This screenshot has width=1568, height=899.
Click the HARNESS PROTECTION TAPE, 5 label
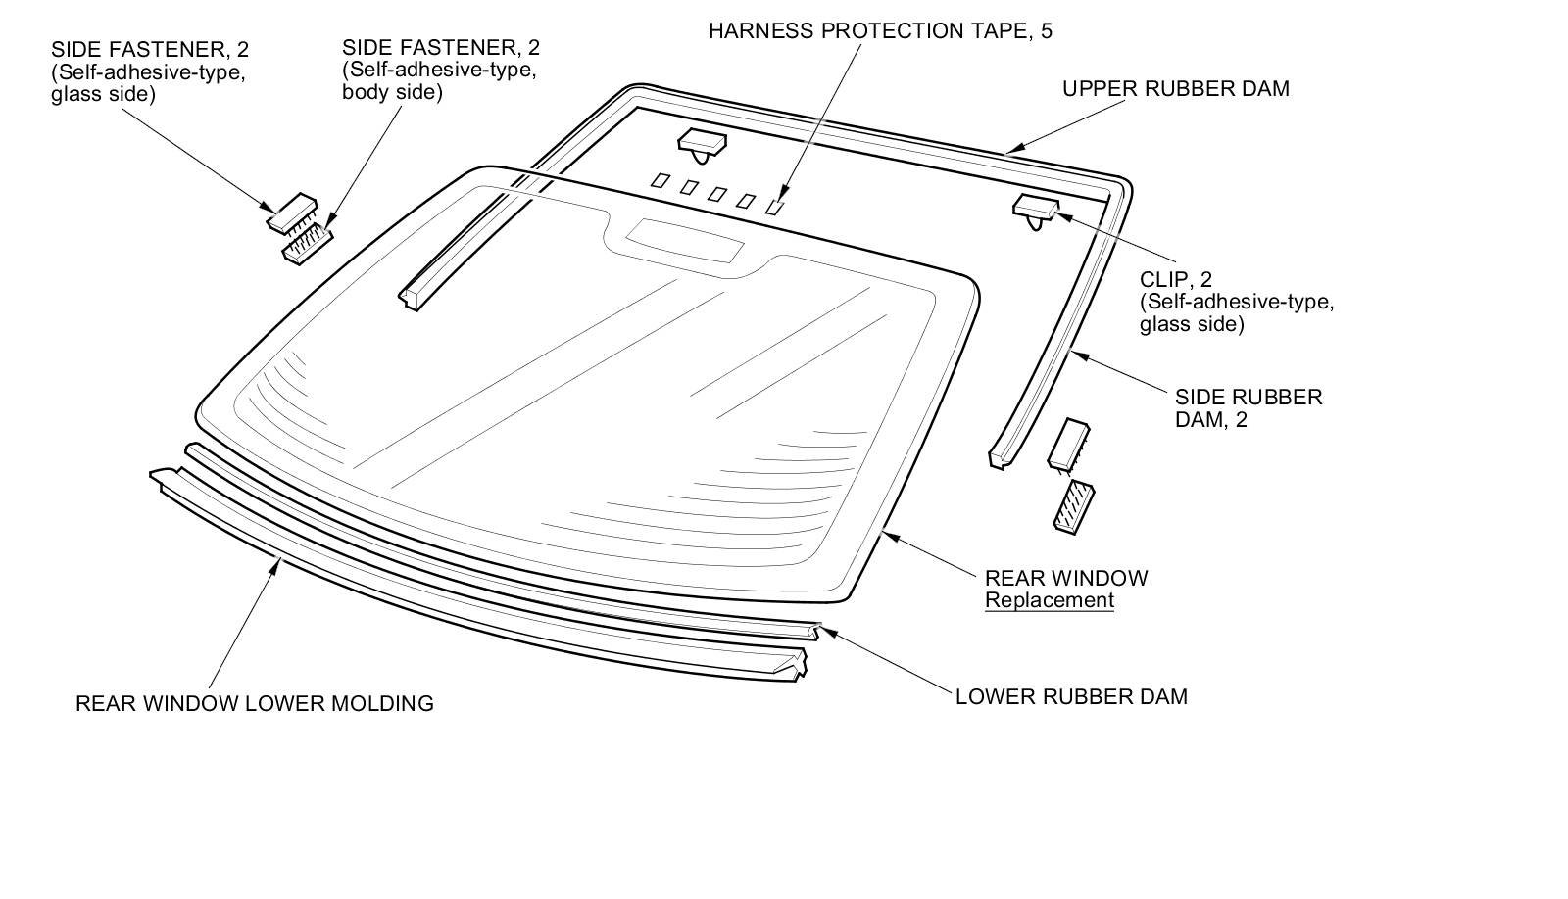pos(880,31)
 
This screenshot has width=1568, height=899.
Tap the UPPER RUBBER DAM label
pos(1175,89)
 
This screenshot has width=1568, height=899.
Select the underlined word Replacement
pos(1049,600)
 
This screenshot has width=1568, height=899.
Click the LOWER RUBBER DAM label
pos(1071,697)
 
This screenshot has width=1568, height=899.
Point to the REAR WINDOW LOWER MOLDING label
pos(255,703)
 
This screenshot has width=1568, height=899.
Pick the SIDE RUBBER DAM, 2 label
pos(1248,408)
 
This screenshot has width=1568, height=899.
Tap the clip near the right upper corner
pos(1035,208)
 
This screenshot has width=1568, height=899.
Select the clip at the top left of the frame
pos(702,143)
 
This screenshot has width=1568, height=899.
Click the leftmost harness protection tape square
pos(661,181)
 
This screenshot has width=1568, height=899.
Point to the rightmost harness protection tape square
pos(776,207)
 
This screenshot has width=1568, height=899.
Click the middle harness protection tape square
pos(717,194)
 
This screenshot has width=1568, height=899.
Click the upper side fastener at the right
pos(1069,443)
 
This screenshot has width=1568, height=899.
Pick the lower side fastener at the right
pos(1073,507)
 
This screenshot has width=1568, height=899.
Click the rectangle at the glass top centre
pos(684,240)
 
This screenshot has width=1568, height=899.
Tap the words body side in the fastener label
pos(392,93)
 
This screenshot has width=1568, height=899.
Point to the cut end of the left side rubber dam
pos(411,297)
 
